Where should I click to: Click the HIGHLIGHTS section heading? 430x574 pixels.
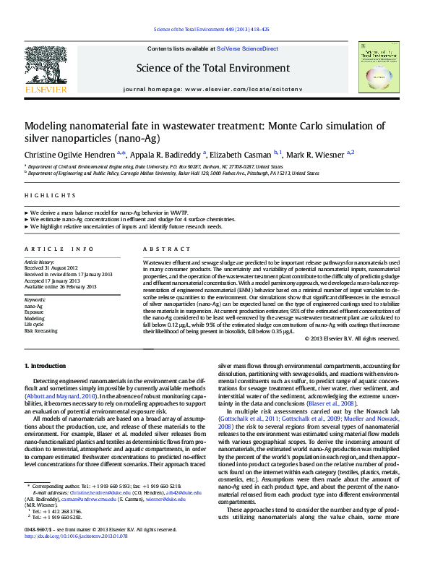pos(50,195)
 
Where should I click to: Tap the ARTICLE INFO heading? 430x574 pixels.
pos(59,249)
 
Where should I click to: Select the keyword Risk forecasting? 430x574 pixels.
pos(41,330)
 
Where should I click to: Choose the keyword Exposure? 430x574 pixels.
pos(36,312)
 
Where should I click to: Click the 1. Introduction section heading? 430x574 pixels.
pos(46,367)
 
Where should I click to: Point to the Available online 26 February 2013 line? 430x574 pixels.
pos(60,286)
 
